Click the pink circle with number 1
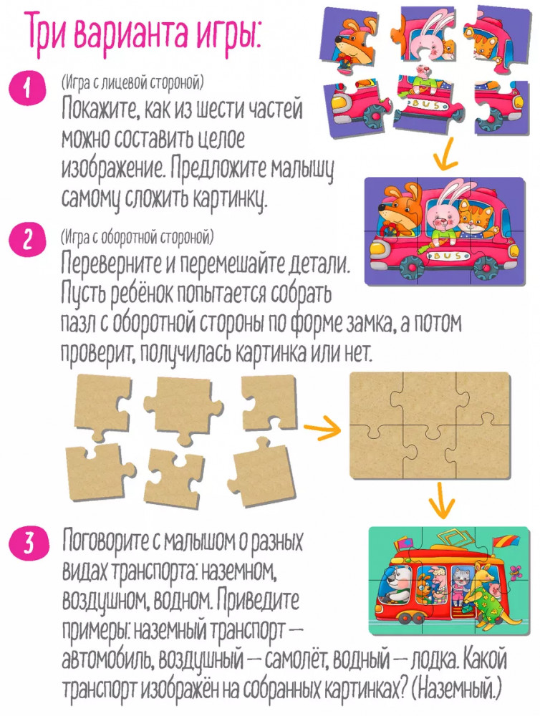29,88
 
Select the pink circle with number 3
29,545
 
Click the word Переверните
110,266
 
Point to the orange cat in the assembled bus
475,219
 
